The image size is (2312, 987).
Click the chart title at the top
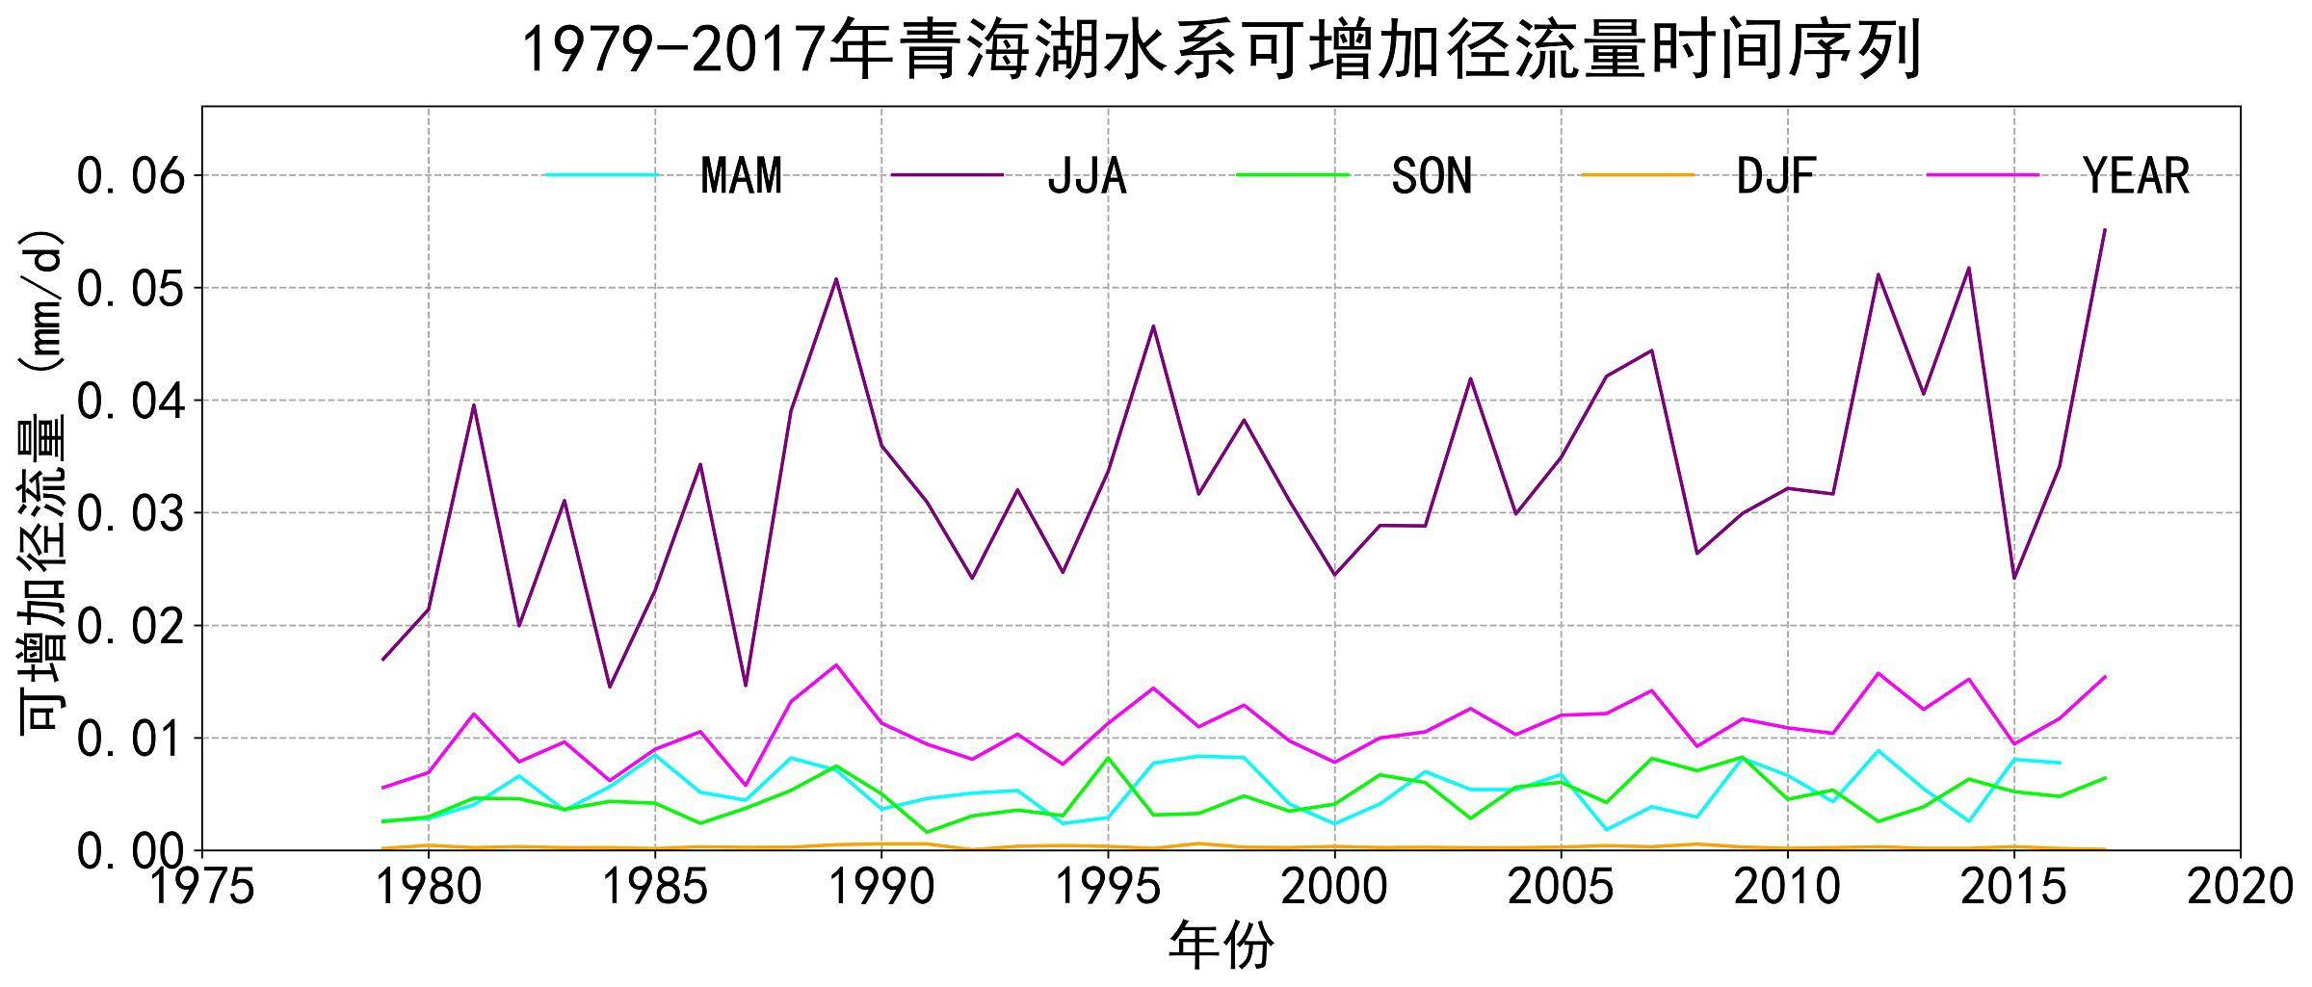point(1221,50)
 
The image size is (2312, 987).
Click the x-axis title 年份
point(1221,945)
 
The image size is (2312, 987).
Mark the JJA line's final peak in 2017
point(2104,229)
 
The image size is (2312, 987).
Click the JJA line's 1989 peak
point(836,279)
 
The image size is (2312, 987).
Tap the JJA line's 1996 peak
point(1153,325)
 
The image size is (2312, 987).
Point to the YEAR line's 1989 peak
point(836,664)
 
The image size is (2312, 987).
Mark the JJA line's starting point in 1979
point(383,660)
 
